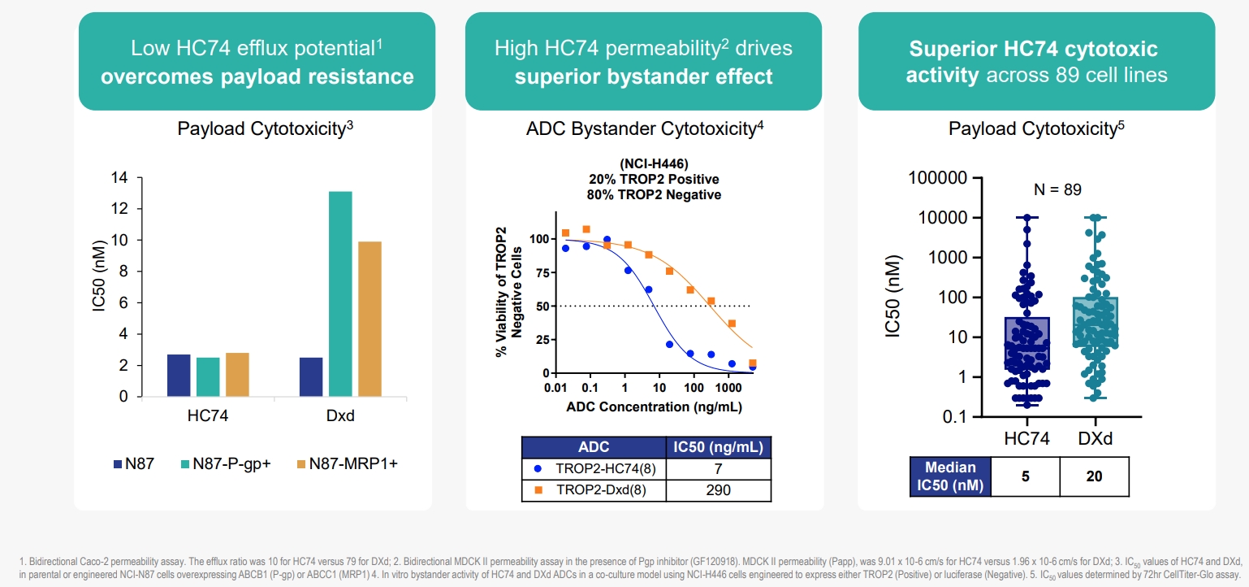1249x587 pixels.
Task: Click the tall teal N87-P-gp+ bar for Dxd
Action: click(340, 293)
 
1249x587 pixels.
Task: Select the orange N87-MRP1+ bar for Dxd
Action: click(370, 319)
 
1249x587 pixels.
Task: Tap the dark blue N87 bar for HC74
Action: click(179, 375)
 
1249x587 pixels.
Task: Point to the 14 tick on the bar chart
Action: click(120, 178)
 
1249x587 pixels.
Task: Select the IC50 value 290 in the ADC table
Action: click(718, 489)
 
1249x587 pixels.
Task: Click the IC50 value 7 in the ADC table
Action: click(718, 469)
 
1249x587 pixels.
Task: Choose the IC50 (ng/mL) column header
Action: click(718, 447)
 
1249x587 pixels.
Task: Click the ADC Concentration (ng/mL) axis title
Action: click(654, 407)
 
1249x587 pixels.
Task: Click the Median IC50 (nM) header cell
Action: click(949, 477)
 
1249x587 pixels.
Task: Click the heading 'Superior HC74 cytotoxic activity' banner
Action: click(1036, 62)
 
